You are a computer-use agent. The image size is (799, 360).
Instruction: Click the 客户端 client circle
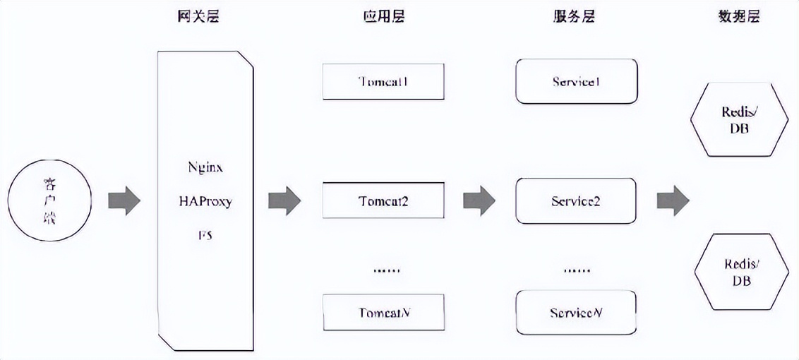[x=49, y=200]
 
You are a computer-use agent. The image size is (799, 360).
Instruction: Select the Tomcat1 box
[x=383, y=81]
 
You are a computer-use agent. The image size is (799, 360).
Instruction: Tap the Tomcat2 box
[x=383, y=200]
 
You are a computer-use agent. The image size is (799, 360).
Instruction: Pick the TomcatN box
[x=383, y=312]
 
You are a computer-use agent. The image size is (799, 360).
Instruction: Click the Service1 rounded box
[x=576, y=81]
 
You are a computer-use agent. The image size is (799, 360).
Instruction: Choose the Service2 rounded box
[x=576, y=200]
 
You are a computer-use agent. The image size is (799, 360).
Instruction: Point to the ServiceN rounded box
[x=576, y=312]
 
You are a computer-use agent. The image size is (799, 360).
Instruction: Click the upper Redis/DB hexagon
[x=739, y=120]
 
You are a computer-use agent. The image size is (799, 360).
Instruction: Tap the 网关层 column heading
[x=198, y=16]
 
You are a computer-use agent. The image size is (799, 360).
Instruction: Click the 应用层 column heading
[x=383, y=16]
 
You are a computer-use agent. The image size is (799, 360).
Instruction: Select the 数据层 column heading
[x=739, y=16]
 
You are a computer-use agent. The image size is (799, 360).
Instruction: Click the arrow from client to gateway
[x=124, y=200]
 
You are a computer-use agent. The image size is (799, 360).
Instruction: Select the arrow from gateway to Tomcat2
[x=284, y=200]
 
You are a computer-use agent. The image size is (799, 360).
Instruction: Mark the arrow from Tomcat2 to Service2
[x=479, y=200]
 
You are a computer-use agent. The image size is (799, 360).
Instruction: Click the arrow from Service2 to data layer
[x=673, y=200]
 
